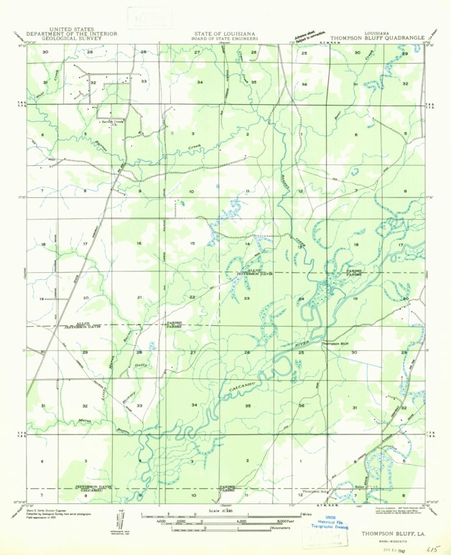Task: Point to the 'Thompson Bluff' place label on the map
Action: pyautogui.click(x=339, y=344)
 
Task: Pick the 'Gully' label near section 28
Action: pyautogui.click(x=139, y=365)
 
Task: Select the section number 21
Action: pyautogui.click(x=139, y=297)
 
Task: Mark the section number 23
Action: pyautogui.click(x=246, y=297)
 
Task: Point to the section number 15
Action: pyautogui.click(x=192, y=244)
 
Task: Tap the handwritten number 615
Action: pyautogui.click(x=433, y=546)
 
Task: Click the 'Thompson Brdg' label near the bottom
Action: pyautogui.click(x=315, y=491)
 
